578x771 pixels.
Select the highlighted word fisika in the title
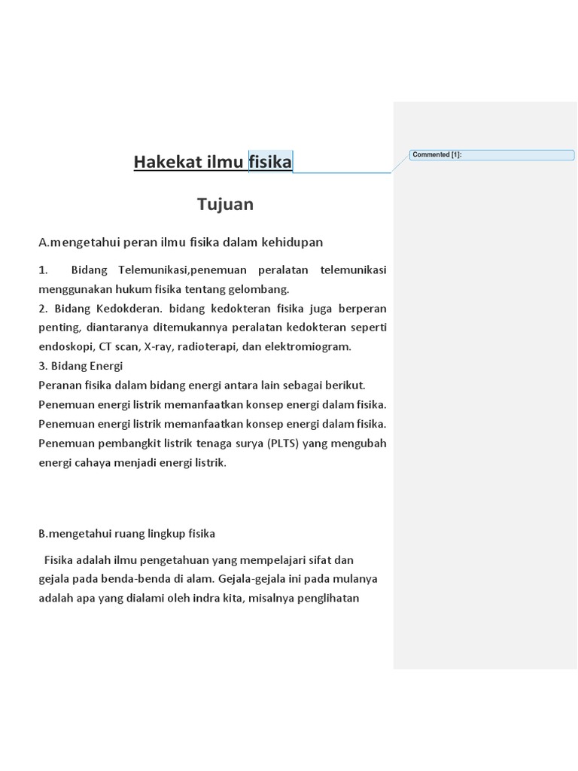pos(270,162)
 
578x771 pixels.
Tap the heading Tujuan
pos(225,204)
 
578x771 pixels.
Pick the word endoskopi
pos(66,347)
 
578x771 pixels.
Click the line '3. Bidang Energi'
pos(81,366)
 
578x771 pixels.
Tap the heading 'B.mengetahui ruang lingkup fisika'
pos(127,533)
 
